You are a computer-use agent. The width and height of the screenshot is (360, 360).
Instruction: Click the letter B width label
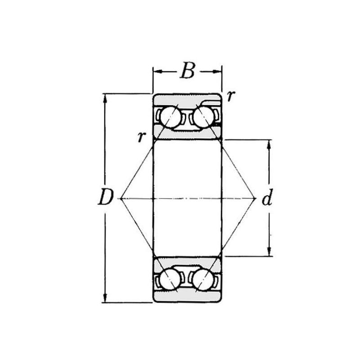click(x=188, y=71)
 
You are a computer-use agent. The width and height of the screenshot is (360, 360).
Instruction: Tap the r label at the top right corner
click(x=231, y=96)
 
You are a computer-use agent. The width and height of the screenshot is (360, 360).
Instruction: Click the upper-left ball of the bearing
click(x=171, y=117)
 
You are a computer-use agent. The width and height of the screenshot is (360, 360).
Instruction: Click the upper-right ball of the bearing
click(x=203, y=117)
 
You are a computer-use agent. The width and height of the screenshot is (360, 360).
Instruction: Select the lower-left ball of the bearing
click(x=170, y=279)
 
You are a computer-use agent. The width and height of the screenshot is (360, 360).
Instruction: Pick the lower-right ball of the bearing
click(x=202, y=279)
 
